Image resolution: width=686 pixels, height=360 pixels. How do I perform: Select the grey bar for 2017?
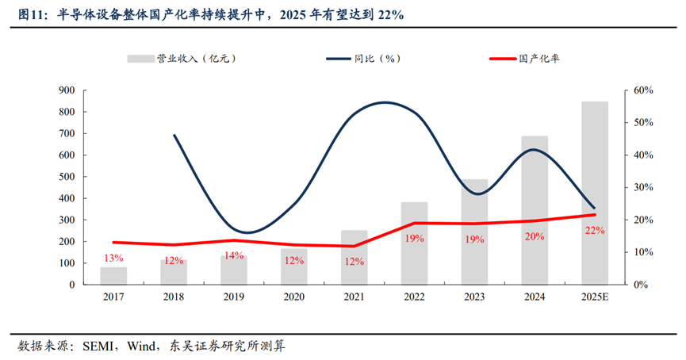[113, 276]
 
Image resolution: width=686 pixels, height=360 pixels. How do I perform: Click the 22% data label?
[594, 230]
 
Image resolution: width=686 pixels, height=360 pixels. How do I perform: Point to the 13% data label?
[113, 258]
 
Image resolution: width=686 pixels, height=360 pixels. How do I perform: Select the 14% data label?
[233, 255]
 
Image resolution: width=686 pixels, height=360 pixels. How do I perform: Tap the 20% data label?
[535, 236]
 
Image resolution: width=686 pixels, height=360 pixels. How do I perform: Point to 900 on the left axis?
[67, 91]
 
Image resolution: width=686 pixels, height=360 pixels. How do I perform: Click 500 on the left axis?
[67, 177]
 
